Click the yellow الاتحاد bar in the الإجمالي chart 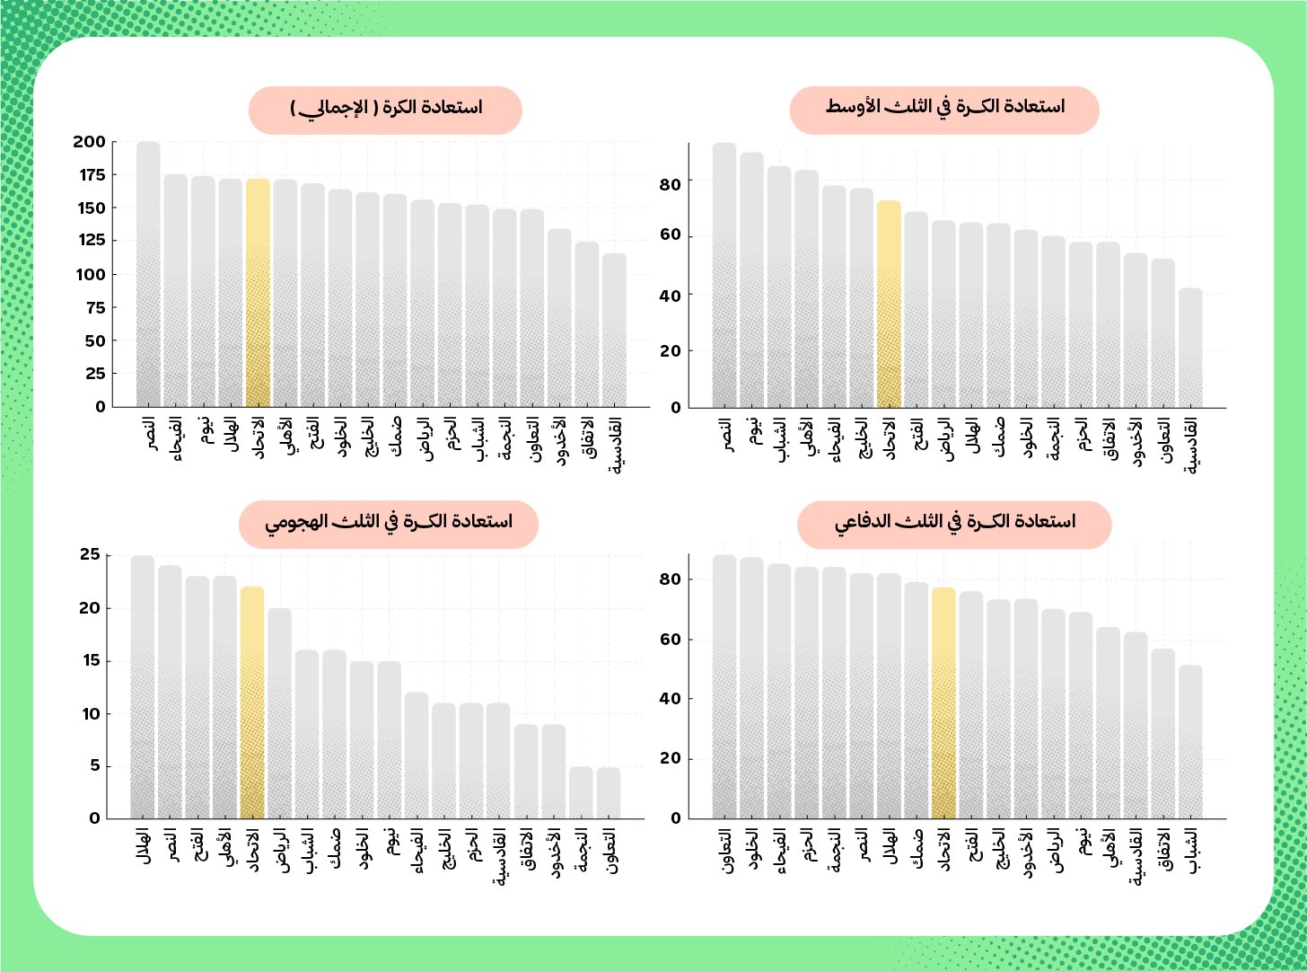[x=258, y=292]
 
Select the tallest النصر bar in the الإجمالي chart [x=148, y=274]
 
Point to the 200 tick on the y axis [x=90, y=142]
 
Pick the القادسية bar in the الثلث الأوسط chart [x=1190, y=348]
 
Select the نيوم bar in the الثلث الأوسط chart [x=752, y=279]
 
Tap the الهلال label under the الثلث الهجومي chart [x=143, y=849]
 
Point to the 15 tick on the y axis [x=91, y=661]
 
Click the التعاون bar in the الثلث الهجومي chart [x=609, y=793]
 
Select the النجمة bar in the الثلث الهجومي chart [x=581, y=793]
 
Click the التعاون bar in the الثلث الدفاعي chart [x=724, y=687]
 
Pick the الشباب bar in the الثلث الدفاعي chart [x=1190, y=742]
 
